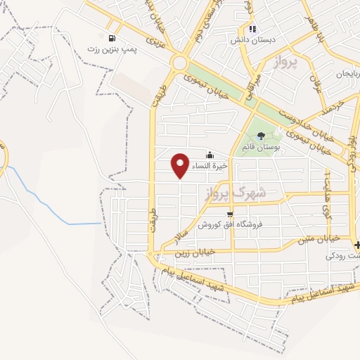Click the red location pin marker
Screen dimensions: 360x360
[181, 165]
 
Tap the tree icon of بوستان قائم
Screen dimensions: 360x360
[261, 136]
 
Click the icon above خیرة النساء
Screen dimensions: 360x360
[209, 155]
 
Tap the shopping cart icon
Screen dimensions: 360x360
[230, 213]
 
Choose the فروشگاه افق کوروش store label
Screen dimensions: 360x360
[229, 224]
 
